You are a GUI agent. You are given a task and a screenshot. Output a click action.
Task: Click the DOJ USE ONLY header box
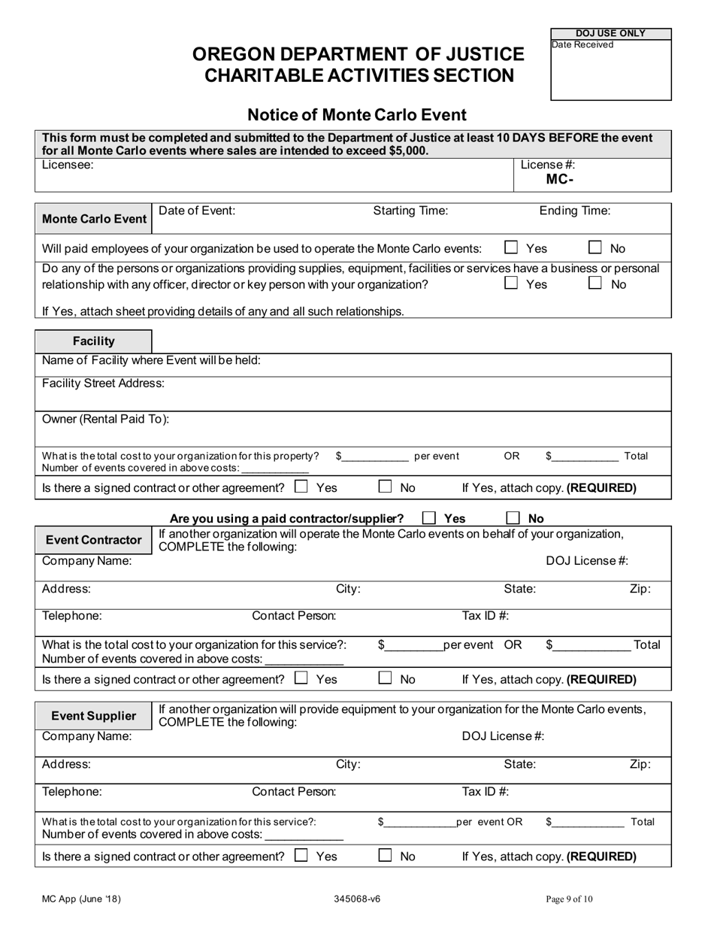tap(610, 34)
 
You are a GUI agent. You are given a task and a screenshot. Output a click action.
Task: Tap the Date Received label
tap(582, 45)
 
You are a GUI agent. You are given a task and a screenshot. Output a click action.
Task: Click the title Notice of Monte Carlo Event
tap(357, 115)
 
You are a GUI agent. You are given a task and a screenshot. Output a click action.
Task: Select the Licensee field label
tap(68, 165)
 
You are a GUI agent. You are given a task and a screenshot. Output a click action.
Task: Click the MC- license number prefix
tap(560, 179)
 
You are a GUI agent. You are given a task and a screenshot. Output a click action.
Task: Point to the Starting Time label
tap(410, 211)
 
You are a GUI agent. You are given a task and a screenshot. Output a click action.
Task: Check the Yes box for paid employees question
tap(512, 247)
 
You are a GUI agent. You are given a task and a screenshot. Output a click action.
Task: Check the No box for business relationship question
tap(594, 284)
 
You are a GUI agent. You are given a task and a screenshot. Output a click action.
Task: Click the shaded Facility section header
tap(93, 341)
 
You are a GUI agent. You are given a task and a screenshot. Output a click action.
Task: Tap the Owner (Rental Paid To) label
tap(105, 419)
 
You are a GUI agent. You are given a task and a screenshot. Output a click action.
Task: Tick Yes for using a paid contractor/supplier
tap(429, 518)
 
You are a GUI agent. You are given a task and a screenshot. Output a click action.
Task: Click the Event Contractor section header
tap(93, 540)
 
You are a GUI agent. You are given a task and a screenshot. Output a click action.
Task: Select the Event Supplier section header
tap(93, 715)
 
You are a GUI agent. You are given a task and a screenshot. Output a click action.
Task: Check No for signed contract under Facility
tap(385, 487)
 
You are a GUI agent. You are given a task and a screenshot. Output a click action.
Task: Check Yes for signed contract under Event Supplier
tap(301, 855)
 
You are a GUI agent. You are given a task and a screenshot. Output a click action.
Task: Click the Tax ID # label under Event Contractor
tap(485, 616)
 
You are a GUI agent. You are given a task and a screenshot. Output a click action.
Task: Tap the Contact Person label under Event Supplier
tap(294, 791)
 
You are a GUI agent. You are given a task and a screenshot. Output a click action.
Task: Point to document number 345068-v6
tap(358, 899)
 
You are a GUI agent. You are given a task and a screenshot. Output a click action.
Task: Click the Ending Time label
tap(575, 211)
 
